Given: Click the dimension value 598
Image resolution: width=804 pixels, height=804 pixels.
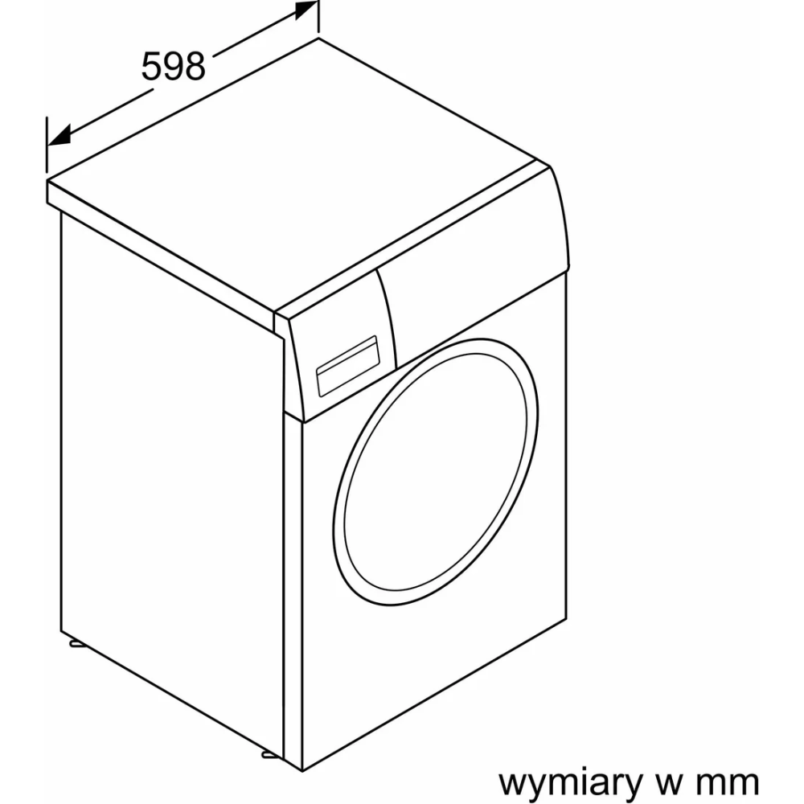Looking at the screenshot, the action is [x=174, y=66].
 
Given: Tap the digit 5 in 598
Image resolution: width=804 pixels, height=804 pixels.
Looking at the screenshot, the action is [x=151, y=66].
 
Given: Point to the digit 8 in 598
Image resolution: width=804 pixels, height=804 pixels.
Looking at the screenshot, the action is [x=195, y=66].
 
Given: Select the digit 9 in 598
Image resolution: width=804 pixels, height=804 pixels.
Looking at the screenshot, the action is [x=174, y=66].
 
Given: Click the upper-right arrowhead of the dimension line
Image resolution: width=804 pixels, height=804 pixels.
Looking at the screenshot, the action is [x=306, y=10].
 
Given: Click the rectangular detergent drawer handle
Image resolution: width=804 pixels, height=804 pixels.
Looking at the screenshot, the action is [x=347, y=366].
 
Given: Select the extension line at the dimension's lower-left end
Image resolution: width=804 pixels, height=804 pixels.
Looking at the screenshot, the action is [x=47, y=145].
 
